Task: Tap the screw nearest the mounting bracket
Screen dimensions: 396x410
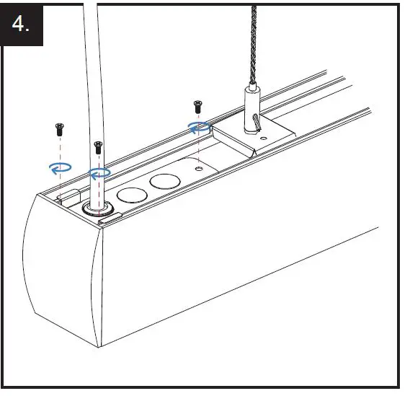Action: (x=197, y=107)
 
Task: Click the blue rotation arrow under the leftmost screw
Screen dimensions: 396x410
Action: (x=59, y=168)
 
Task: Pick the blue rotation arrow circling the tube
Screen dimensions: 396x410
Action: (x=99, y=174)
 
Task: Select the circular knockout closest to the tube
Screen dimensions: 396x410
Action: (x=131, y=195)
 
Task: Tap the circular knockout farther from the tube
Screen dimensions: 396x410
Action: (x=165, y=181)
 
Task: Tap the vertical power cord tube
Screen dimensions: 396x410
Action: (x=92, y=87)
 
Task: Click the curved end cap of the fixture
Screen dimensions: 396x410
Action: (x=61, y=274)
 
